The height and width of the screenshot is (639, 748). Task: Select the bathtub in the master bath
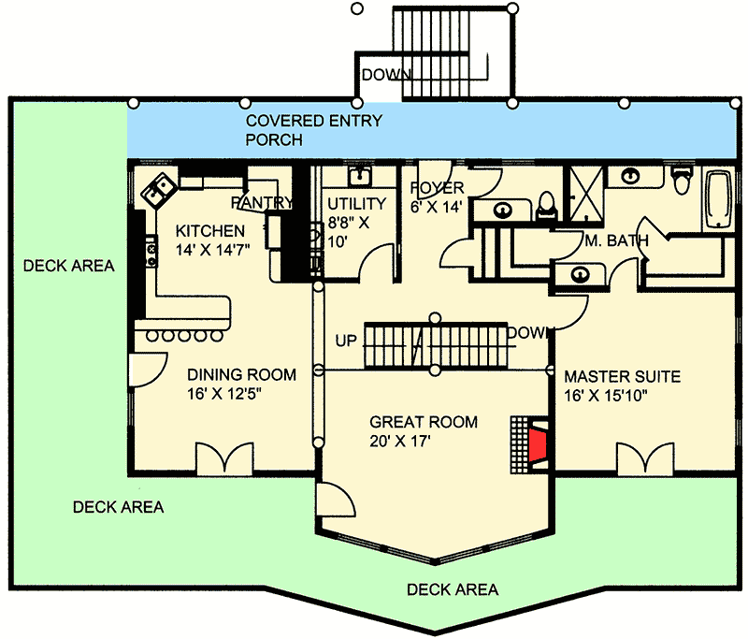point(717,202)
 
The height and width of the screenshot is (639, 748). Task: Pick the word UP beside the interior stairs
point(346,340)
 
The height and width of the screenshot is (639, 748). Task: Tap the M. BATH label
point(616,241)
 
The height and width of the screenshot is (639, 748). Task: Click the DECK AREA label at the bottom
point(453,589)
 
